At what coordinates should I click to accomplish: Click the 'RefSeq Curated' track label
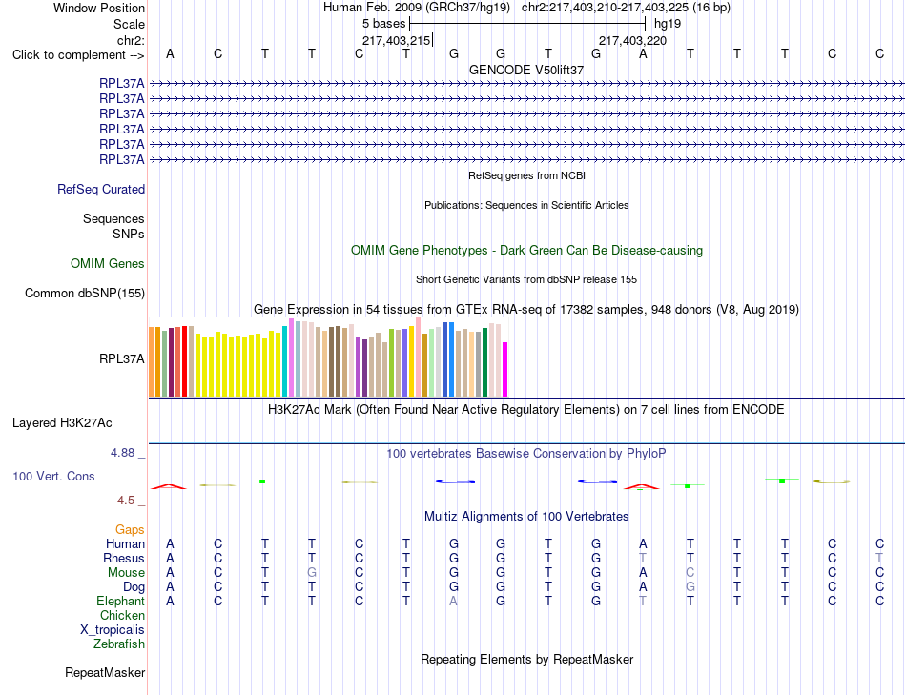pos(101,190)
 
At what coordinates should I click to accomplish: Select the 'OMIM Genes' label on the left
pos(108,263)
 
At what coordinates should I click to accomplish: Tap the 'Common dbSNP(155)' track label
pos(85,294)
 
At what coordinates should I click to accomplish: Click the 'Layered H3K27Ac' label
pos(62,423)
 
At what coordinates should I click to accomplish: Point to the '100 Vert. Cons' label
pos(53,476)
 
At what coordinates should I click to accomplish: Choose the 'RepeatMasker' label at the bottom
pos(105,672)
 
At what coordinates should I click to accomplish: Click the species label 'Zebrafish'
pos(119,644)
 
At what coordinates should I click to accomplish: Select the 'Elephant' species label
pos(121,601)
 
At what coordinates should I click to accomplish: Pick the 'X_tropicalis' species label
pos(113,630)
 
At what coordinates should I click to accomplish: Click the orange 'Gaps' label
pos(130,529)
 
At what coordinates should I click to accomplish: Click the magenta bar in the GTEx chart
pos(505,370)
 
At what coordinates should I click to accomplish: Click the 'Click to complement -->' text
pos(78,55)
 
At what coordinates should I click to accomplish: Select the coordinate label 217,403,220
pos(632,40)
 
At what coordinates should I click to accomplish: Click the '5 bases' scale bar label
pos(383,24)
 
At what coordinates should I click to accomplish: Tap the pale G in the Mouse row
pos(312,573)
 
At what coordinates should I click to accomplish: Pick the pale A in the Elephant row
pos(454,601)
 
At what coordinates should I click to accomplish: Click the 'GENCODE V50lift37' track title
pos(526,70)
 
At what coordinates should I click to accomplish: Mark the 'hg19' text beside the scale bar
pos(668,24)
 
